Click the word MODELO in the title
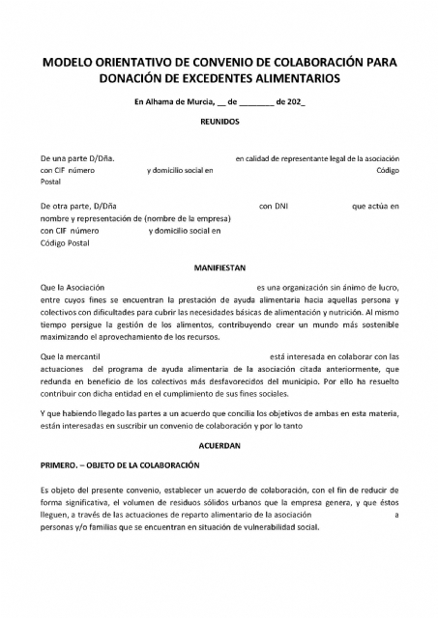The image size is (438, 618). [65, 62]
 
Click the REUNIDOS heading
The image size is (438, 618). [219, 123]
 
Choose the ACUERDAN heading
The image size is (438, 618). [219, 446]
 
